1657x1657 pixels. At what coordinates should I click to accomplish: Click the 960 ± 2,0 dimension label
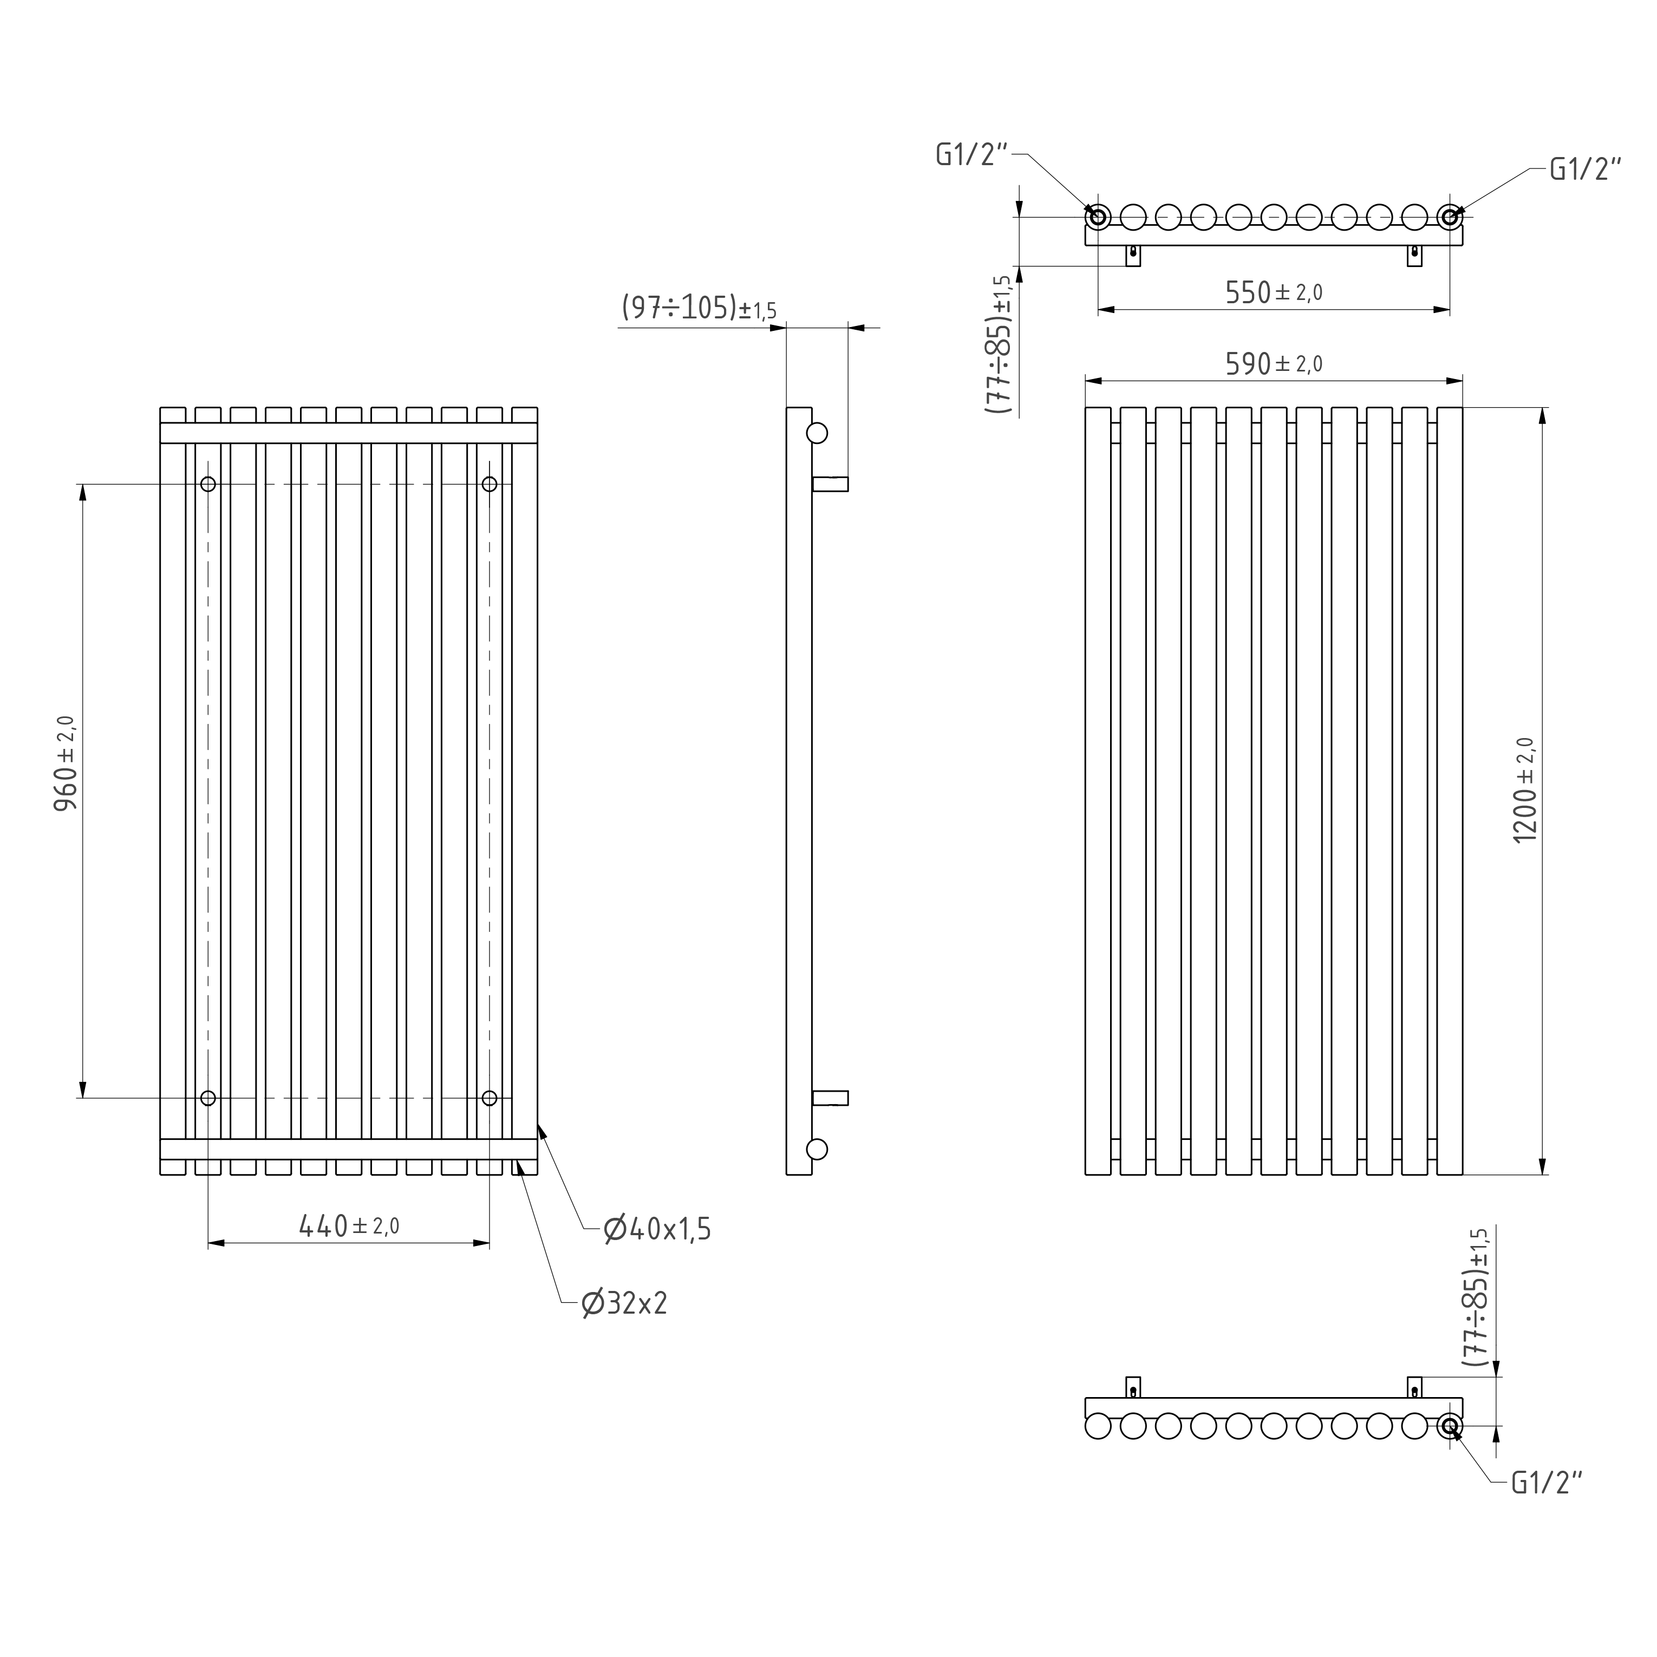click(x=66, y=764)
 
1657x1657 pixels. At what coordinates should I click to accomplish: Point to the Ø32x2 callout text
click(x=624, y=1303)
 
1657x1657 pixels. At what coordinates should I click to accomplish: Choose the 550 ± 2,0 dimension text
click(x=1274, y=292)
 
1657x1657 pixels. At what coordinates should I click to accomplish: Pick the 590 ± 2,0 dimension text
click(x=1274, y=364)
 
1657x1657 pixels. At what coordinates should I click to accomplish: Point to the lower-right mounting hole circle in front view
click(x=490, y=1098)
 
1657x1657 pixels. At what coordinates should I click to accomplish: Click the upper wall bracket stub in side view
click(x=830, y=484)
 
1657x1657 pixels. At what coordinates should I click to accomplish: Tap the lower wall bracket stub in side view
click(x=830, y=1098)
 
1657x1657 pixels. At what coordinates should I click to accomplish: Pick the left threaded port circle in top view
click(x=1098, y=217)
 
